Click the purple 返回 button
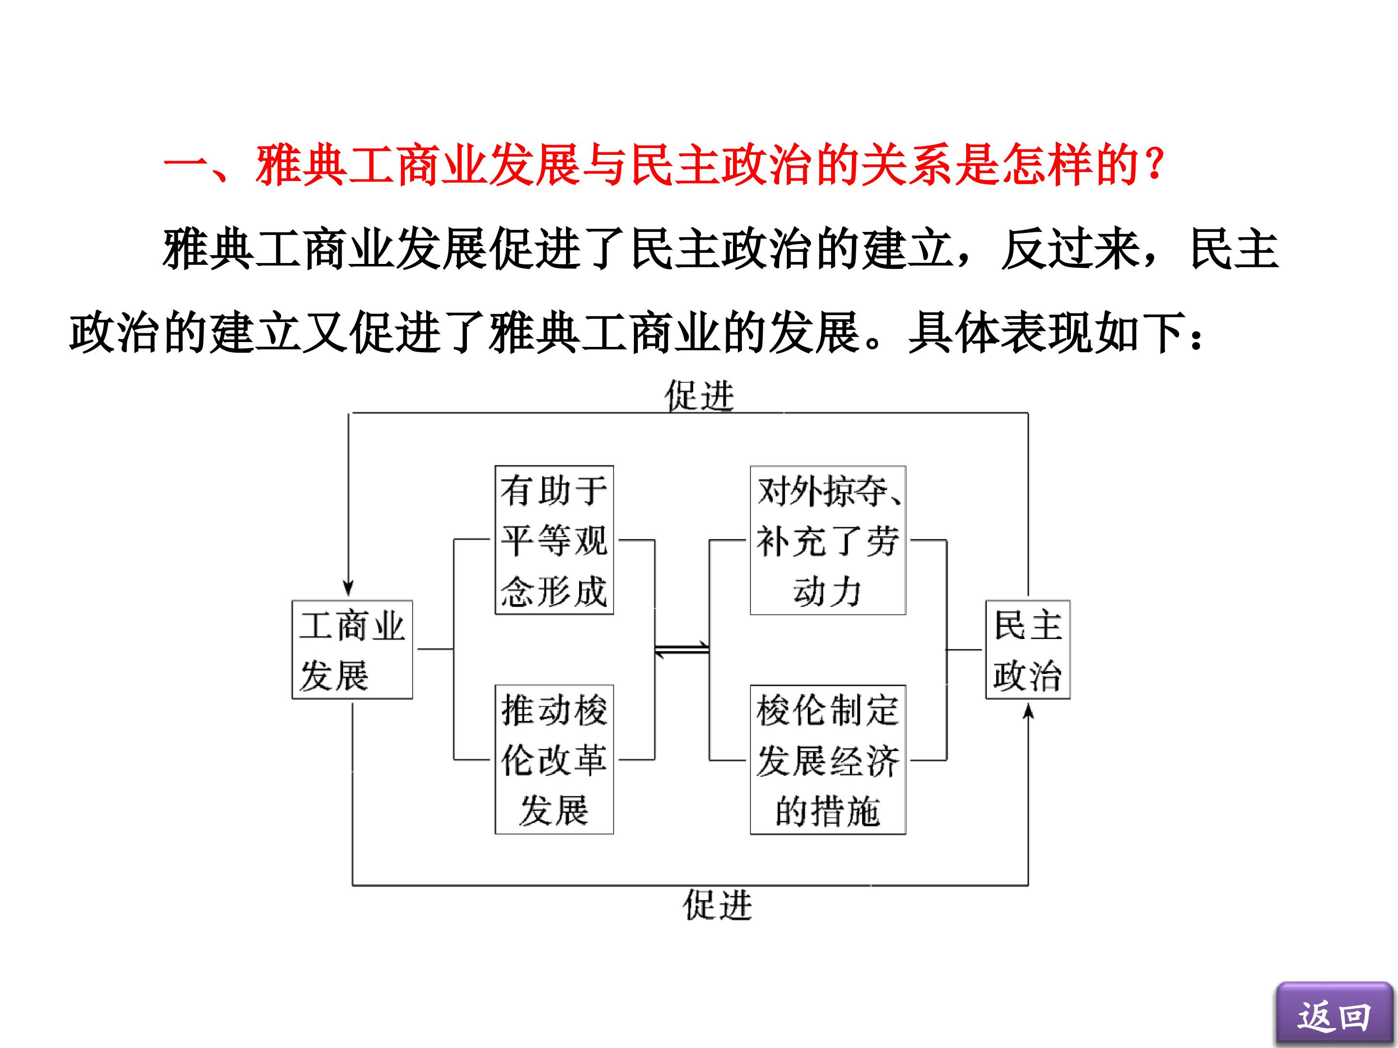click(1334, 1014)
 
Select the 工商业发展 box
click(352, 649)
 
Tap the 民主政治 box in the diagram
click(1028, 649)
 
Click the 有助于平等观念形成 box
click(554, 540)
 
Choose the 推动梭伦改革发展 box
click(554, 759)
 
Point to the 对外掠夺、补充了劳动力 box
click(828, 540)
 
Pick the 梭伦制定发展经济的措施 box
click(828, 759)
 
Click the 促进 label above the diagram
click(699, 396)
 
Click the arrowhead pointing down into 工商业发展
click(348, 589)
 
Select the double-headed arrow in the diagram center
click(682, 649)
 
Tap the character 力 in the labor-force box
click(846, 592)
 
